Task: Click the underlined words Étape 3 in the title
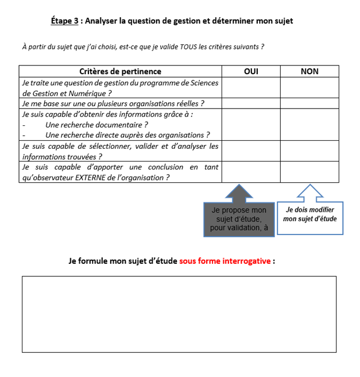pyautogui.click(x=64, y=21)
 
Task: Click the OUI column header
pyautogui.click(x=251, y=71)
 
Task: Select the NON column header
pyautogui.click(x=309, y=71)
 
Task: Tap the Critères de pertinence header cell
pyautogui.click(x=120, y=71)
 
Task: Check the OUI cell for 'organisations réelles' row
pyautogui.click(x=251, y=103)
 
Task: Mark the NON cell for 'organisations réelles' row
pyautogui.click(x=309, y=103)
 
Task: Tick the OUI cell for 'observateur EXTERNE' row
pyautogui.click(x=251, y=172)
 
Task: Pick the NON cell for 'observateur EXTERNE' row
pyautogui.click(x=309, y=172)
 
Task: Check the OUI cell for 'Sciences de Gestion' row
pyautogui.click(x=251, y=87)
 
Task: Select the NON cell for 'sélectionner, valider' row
pyautogui.click(x=309, y=151)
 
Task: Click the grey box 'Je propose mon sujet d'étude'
pyautogui.click(x=238, y=219)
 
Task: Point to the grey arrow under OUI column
pyautogui.click(x=238, y=193)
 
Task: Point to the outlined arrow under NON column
pyautogui.click(x=309, y=193)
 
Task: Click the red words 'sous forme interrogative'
pyautogui.click(x=225, y=261)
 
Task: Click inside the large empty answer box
pyautogui.click(x=179, y=314)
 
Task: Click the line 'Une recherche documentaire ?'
pyautogui.click(x=96, y=124)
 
